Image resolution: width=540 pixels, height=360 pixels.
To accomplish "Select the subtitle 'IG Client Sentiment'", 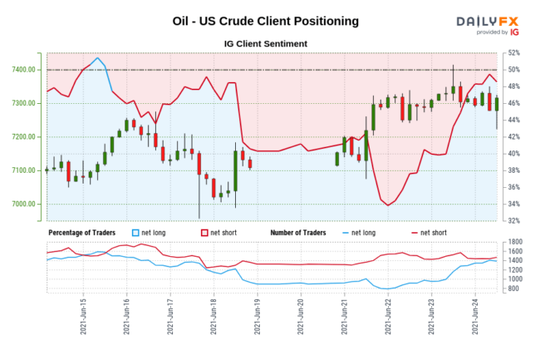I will [x=266, y=43].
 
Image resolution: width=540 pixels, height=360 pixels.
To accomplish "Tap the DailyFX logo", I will [x=488, y=25].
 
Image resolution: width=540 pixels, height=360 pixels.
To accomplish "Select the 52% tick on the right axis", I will [x=514, y=52].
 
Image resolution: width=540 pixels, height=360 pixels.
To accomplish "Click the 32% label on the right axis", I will [x=514, y=221].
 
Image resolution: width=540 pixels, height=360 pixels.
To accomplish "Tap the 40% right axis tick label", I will [x=514, y=154].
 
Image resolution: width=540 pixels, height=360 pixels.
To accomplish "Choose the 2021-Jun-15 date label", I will [x=84, y=318].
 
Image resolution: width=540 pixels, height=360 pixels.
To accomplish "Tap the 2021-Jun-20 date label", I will [x=301, y=318].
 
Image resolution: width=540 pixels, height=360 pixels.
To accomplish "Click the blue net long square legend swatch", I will [x=137, y=233].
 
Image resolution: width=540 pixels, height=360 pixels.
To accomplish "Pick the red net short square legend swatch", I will [x=204, y=233].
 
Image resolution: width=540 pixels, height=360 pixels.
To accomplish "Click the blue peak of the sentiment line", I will [x=98, y=58].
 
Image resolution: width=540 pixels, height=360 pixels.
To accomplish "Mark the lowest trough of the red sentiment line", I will [x=388, y=205].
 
